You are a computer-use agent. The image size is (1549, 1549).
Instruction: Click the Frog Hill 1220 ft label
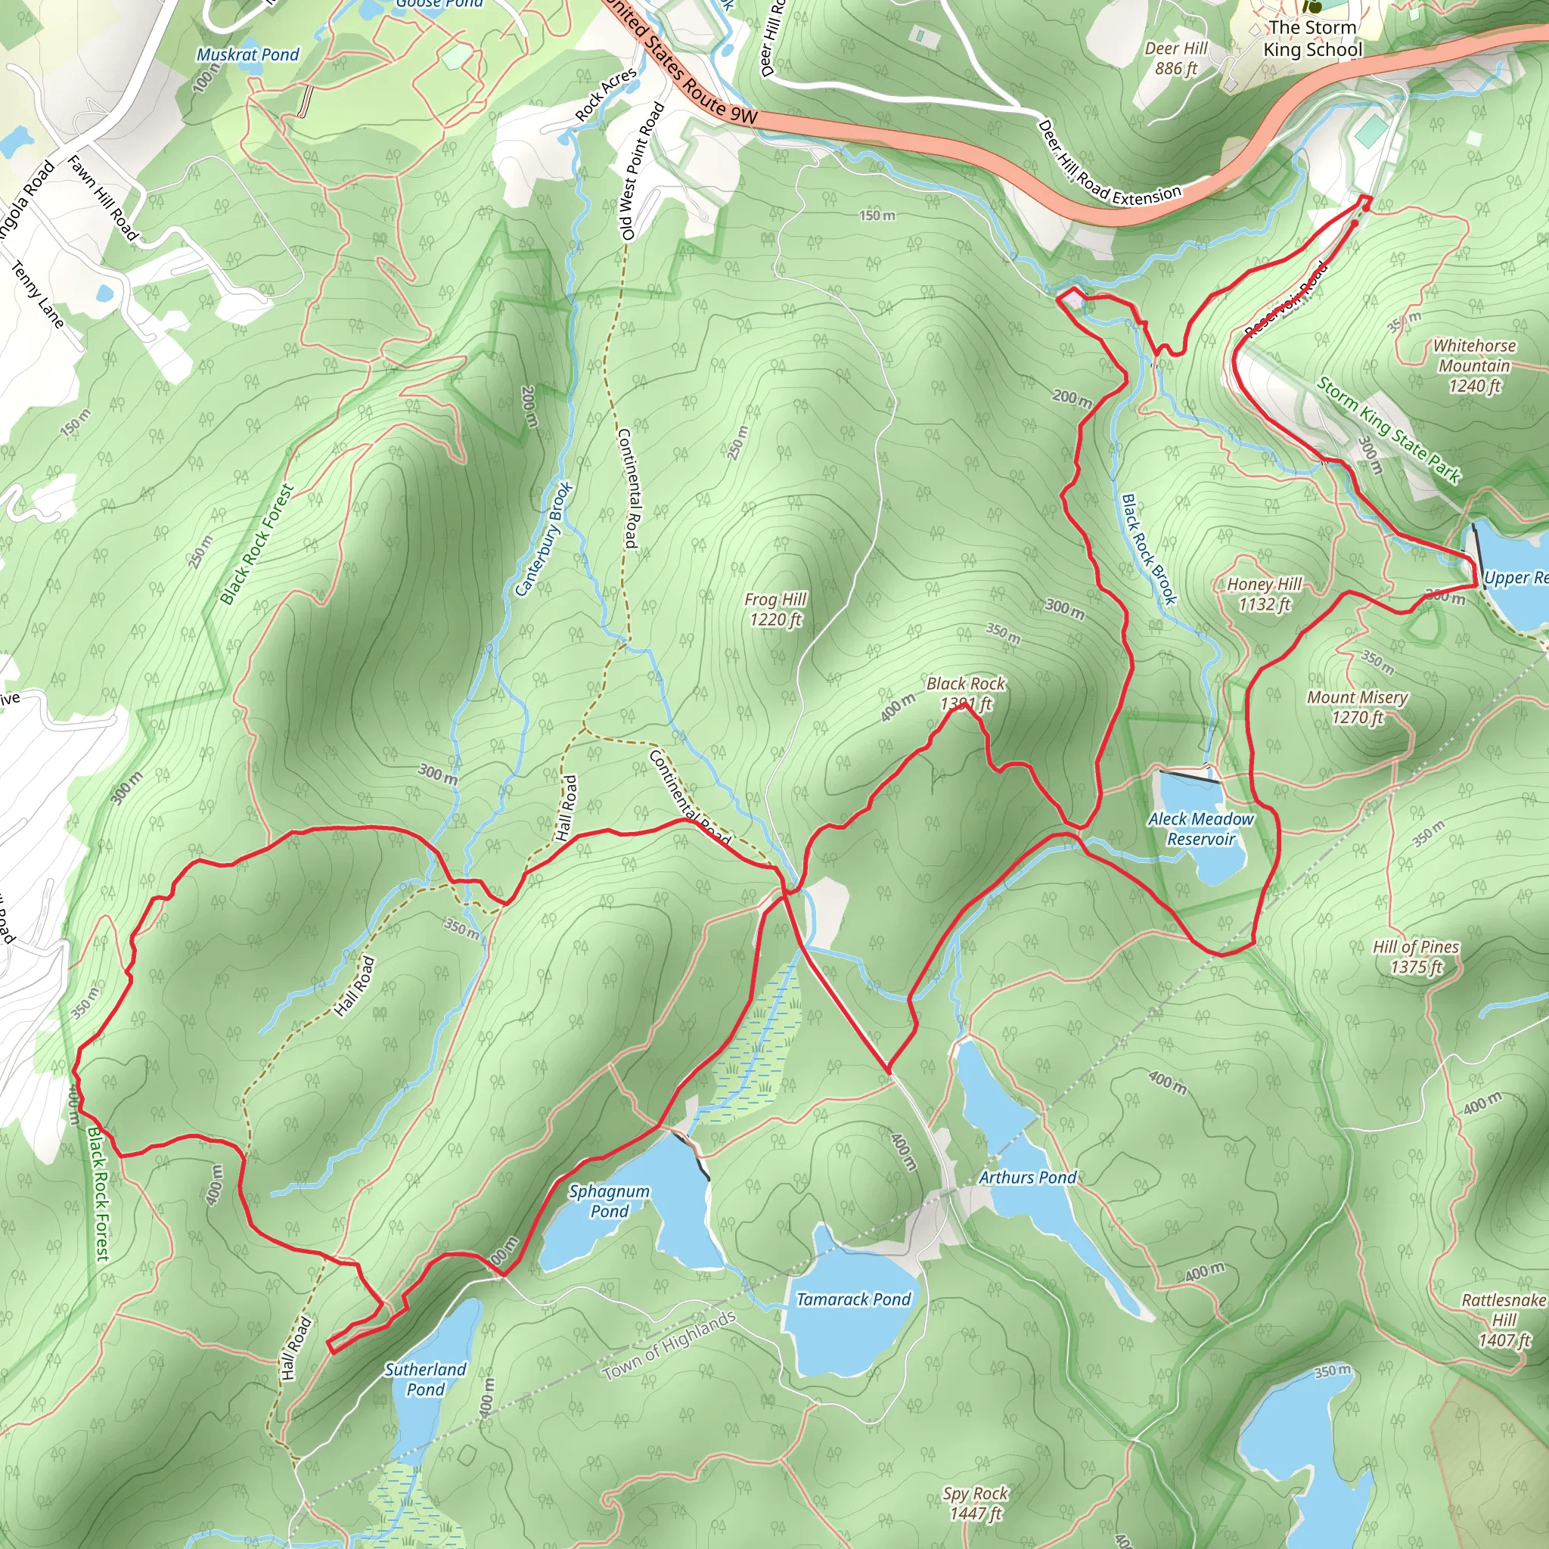point(774,610)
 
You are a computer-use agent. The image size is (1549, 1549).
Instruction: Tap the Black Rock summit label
point(965,694)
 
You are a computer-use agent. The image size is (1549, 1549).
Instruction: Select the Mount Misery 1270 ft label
point(1357,707)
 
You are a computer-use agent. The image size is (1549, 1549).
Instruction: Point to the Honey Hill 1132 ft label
point(1265,594)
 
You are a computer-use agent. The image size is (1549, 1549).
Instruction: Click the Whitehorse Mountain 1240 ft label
point(1474,365)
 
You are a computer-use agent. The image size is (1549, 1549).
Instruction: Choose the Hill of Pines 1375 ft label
point(1416,957)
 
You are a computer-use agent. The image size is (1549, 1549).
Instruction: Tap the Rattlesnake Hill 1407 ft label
point(1504,1320)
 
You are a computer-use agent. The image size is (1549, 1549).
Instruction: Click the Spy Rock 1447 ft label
point(975,1504)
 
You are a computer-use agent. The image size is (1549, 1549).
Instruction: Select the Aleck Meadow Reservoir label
point(1200,829)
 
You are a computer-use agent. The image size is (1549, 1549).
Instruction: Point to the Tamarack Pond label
point(853,1299)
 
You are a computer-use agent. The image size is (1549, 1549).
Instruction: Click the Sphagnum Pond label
point(610,1201)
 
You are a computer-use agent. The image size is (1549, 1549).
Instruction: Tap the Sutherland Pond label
point(425,1379)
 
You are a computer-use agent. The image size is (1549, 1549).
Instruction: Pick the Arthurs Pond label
point(1027,1177)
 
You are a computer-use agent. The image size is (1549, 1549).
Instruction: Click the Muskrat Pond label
point(248,54)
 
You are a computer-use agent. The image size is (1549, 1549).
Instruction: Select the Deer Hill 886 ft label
point(1175,58)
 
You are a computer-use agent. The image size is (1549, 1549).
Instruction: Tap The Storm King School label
point(1312,39)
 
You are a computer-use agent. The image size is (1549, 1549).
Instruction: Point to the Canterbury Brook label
point(544,539)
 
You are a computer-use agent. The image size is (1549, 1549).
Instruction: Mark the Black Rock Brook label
point(1148,548)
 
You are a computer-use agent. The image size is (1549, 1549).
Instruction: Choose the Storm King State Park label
point(1388,430)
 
